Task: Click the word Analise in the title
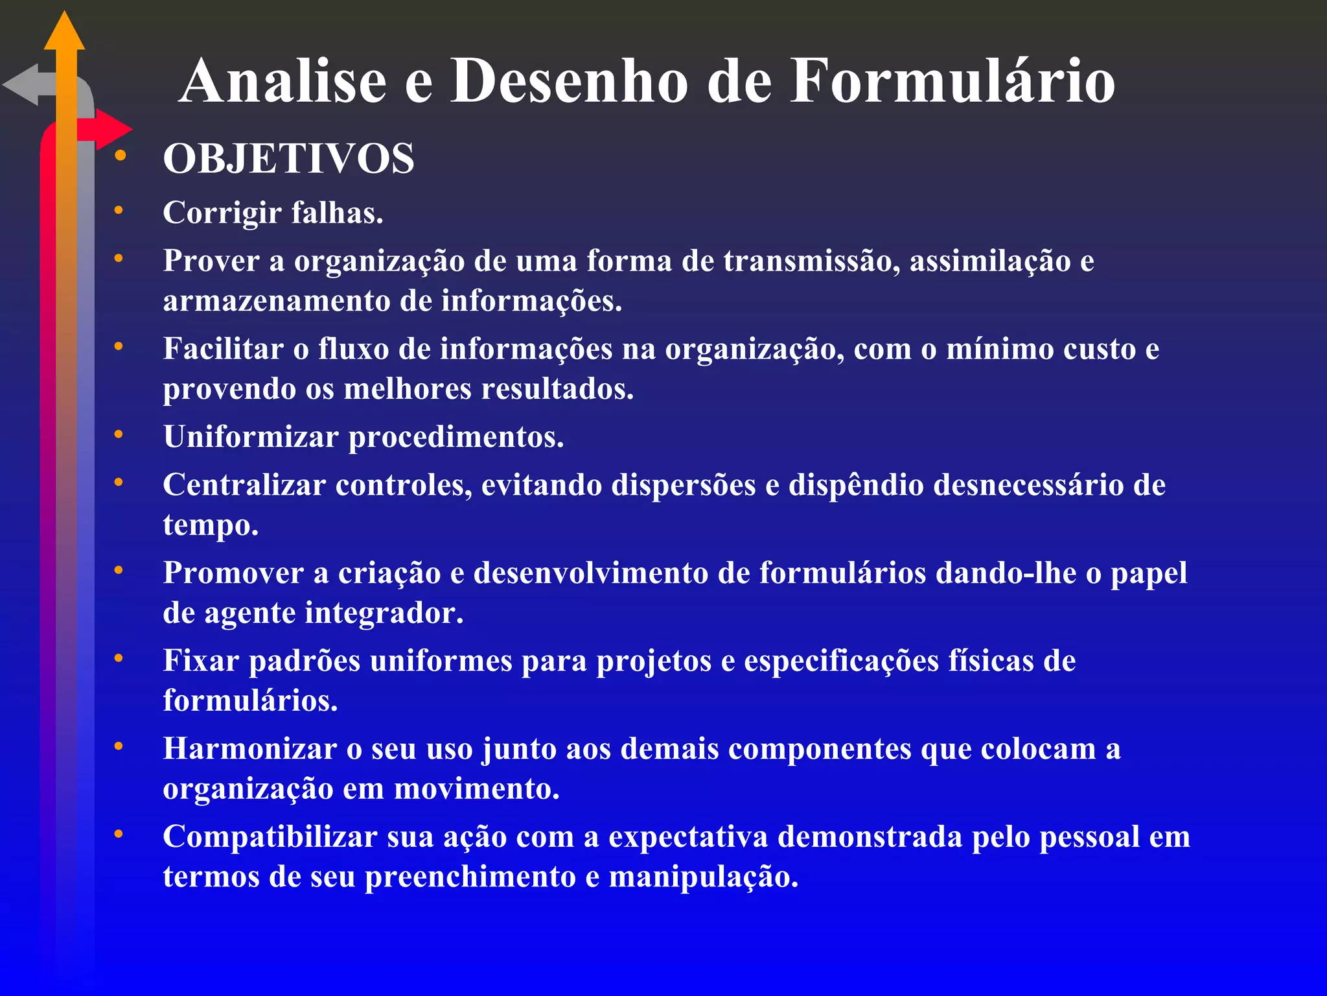coord(284,81)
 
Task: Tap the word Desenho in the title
coord(569,81)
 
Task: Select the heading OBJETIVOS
coord(288,159)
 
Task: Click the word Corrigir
coord(222,213)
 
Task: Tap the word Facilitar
coord(223,349)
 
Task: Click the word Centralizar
coord(244,485)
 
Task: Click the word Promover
coord(233,573)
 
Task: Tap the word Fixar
coord(201,661)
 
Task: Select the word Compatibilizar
coord(270,837)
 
